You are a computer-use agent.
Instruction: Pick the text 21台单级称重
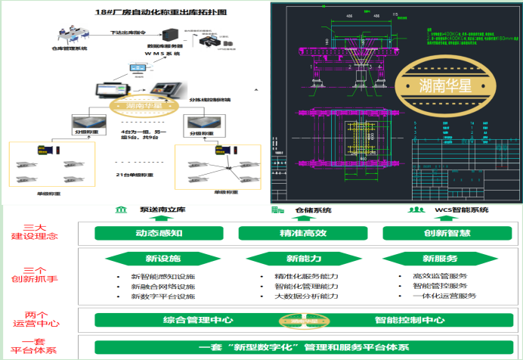click(134, 175)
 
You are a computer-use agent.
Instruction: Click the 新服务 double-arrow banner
click(434, 259)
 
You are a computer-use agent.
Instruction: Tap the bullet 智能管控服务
click(434, 287)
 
